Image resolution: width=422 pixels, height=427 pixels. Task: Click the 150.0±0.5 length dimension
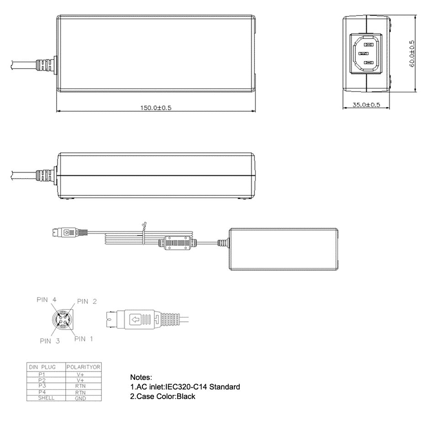[x=156, y=108]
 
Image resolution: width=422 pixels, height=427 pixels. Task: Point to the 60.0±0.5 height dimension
[x=411, y=54]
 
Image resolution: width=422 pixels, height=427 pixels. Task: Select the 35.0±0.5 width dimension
[x=366, y=104]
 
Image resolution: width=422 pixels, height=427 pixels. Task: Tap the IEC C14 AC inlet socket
[x=366, y=54]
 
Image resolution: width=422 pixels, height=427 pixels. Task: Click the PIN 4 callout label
[x=47, y=300]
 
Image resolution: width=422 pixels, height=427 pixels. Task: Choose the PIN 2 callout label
[x=87, y=301]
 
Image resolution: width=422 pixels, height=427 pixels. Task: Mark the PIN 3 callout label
[x=50, y=341]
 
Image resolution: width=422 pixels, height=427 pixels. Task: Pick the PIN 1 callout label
[x=84, y=339]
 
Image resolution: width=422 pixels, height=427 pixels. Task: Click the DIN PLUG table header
[x=42, y=367]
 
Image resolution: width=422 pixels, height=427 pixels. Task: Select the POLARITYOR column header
[x=84, y=367]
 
